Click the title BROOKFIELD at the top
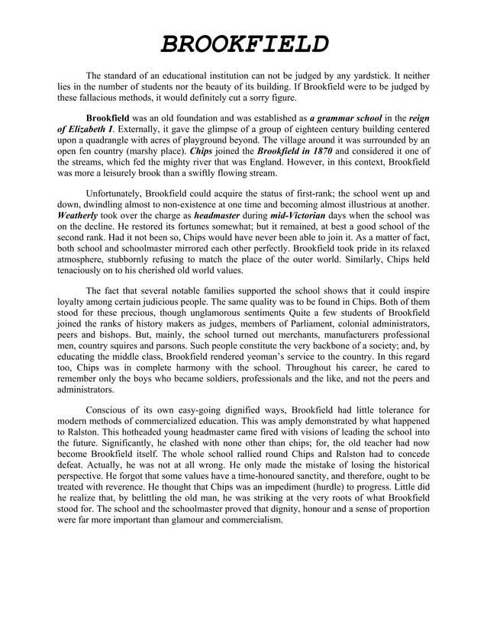[243, 43]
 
